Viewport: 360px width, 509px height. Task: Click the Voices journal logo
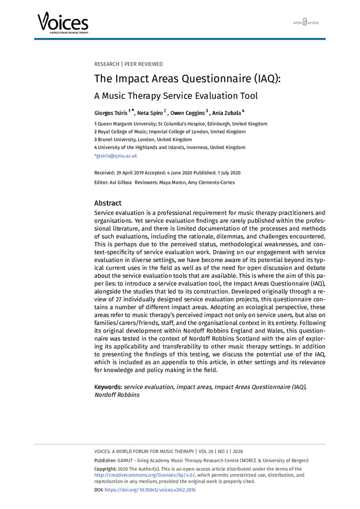63,22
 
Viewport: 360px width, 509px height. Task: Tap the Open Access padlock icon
305,23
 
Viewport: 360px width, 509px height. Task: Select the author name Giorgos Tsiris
111,112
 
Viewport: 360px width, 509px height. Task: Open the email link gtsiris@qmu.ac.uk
116,156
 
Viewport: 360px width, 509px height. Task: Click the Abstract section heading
108,203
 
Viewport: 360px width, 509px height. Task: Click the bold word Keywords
108,387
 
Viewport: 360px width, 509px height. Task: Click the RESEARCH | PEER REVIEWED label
128,64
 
